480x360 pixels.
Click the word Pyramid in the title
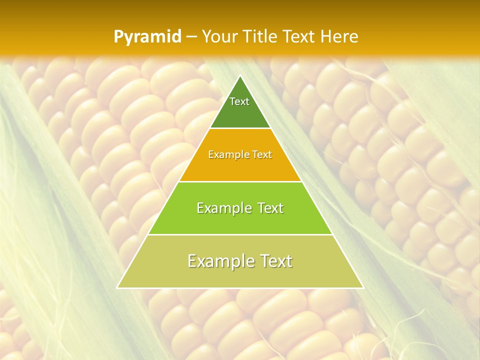click(147, 37)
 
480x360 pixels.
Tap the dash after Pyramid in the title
click(191, 37)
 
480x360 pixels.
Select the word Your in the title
click(218, 37)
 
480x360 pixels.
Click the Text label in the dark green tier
click(239, 101)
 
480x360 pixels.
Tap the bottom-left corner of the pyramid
click(117, 287)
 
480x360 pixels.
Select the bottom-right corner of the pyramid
click(363, 287)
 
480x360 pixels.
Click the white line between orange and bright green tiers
click(240, 181)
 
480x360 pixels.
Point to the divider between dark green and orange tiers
click(240, 128)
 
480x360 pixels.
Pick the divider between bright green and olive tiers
click(240, 234)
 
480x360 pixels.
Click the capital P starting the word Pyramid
click(118, 37)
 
